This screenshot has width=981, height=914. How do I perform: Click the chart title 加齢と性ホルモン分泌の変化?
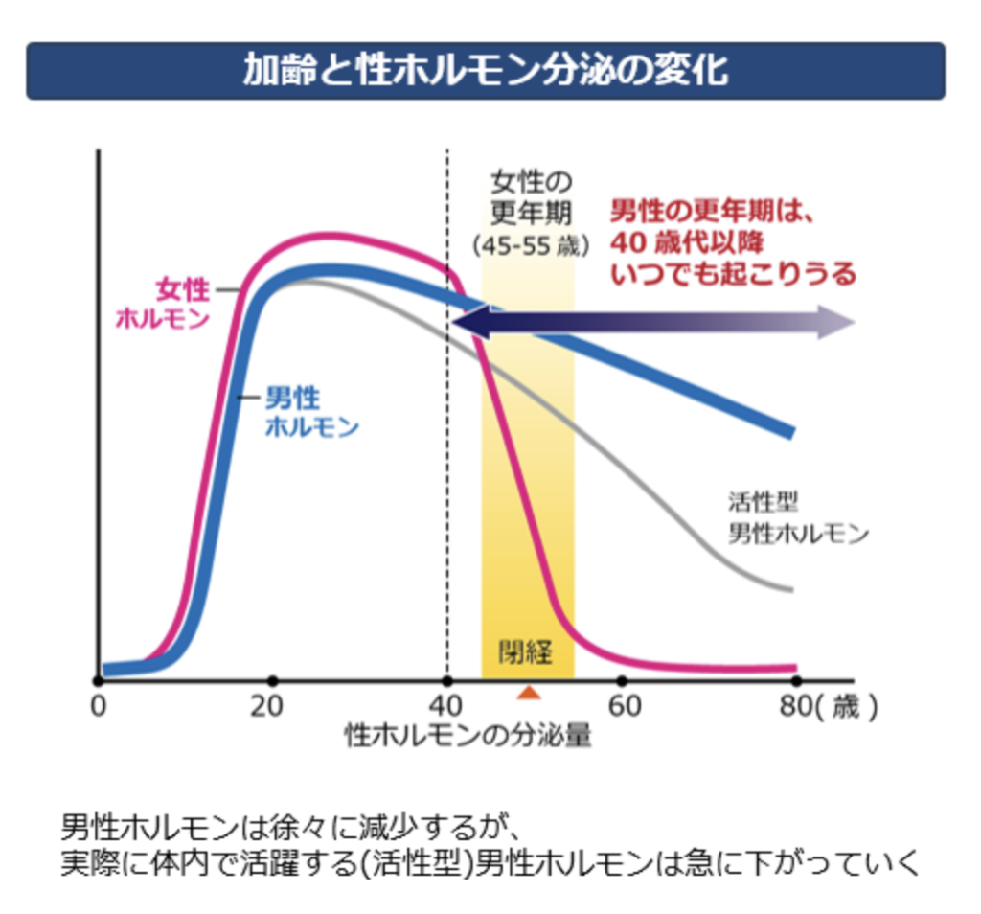coord(485,71)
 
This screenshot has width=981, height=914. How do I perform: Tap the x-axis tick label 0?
coord(97,708)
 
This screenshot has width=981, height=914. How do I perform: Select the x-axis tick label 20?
coord(272,708)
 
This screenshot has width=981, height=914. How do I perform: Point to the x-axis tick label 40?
coord(446,708)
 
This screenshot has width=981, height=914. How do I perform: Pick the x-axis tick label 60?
coord(622,708)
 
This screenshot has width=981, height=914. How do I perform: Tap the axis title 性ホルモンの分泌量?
coord(468,736)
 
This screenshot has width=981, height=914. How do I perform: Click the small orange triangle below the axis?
coord(529,692)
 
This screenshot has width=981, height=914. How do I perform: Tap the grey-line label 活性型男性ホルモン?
coord(797,518)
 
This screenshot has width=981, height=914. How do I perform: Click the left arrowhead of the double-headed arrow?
coord(466,324)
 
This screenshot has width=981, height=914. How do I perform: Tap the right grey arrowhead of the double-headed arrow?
coord(840,324)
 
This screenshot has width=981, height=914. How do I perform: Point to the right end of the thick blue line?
coord(790,431)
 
